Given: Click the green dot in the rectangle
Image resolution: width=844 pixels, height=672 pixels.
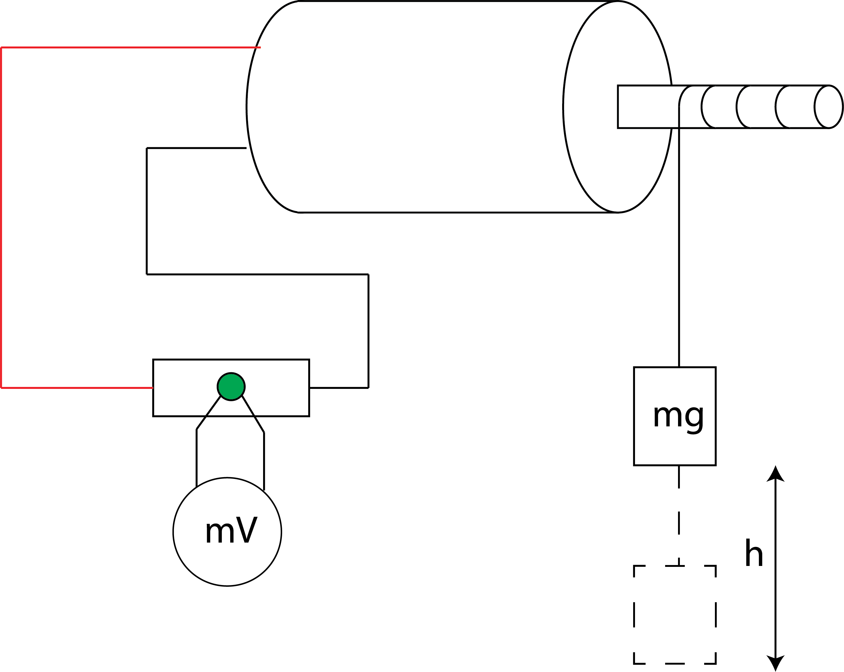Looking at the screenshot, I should point(231,386).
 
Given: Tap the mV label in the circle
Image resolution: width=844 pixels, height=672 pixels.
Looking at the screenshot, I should point(231,530).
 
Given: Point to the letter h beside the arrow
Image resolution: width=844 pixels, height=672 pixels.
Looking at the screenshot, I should point(753,553).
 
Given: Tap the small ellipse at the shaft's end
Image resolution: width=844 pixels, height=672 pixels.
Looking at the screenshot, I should point(828,106).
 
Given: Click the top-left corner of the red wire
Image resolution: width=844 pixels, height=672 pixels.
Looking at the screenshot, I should point(2,48).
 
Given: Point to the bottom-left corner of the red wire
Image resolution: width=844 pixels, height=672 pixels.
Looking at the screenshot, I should point(2,388).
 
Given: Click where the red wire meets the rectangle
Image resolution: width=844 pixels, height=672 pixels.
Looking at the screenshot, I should point(153,388).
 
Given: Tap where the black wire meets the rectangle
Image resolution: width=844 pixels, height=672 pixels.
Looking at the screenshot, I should point(310,388).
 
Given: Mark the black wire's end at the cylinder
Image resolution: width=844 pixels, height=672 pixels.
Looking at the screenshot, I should point(246,148).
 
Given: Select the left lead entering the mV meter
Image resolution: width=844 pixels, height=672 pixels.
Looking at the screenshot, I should point(196,458).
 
